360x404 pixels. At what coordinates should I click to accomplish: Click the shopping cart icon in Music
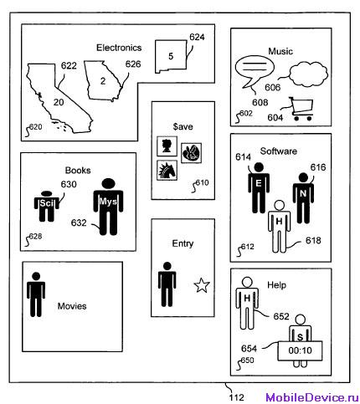click(x=301, y=109)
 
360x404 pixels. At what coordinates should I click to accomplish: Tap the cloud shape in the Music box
click(x=308, y=74)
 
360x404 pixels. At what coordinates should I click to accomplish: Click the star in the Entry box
click(x=202, y=285)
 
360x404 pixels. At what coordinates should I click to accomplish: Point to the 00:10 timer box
click(x=300, y=350)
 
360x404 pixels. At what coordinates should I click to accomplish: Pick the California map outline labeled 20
click(x=59, y=98)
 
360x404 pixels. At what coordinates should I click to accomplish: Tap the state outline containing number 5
click(x=171, y=57)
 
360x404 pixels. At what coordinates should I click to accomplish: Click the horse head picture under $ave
click(x=167, y=171)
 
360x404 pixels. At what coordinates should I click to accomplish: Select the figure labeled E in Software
click(x=259, y=188)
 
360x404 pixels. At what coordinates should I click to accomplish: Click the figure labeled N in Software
click(x=303, y=198)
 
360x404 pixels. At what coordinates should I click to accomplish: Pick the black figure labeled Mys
click(x=108, y=207)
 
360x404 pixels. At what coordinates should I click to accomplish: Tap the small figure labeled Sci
click(x=47, y=207)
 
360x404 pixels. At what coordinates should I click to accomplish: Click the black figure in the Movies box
click(x=36, y=294)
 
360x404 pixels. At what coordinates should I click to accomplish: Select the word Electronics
click(x=119, y=48)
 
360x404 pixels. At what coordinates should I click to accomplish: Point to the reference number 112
click(x=237, y=397)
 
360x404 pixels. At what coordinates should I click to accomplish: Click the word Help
click(x=276, y=285)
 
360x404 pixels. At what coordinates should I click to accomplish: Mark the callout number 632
click(x=79, y=222)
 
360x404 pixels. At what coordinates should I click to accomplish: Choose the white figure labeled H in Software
click(x=279, y=227)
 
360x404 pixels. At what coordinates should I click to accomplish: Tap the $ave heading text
click(x=183, y=126)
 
